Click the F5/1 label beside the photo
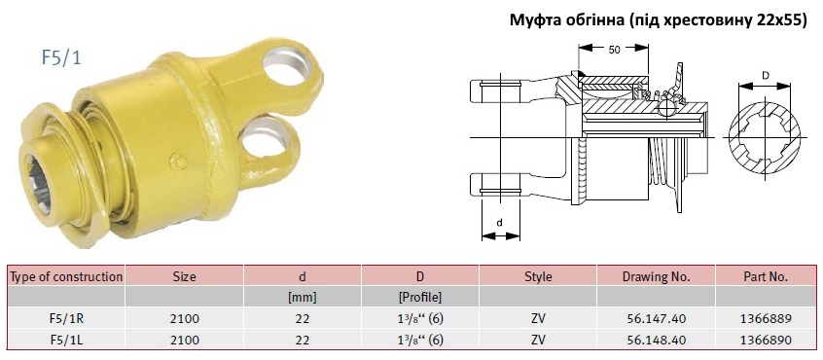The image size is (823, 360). click(x=61, y=57)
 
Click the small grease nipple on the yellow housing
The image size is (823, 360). click(x=178, y=162)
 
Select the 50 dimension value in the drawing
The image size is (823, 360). click(x=614, y=50)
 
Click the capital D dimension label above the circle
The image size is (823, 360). click(x=765, y=75)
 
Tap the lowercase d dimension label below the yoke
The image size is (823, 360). click(x=499, y=223)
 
